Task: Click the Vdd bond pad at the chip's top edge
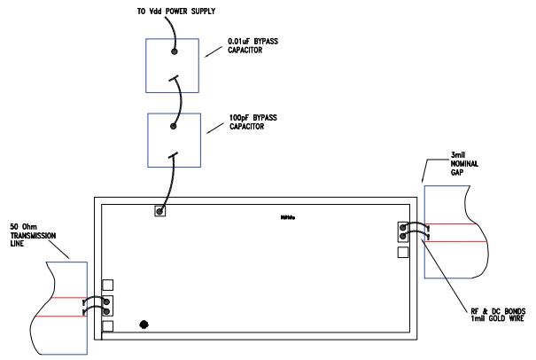159,211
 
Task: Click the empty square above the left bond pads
108,286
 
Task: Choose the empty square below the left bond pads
108,325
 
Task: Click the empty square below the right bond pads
403,252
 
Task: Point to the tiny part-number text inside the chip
287,215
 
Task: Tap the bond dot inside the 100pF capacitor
174,126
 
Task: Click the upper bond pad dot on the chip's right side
404,227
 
